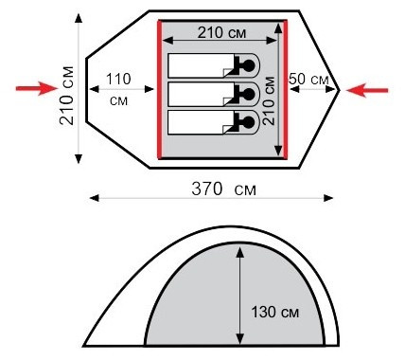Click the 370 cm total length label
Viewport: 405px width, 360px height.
point(223,189)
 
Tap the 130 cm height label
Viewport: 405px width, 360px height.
point(274,312)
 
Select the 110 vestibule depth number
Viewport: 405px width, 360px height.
point(118,79)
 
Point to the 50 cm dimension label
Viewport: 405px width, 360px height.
point(309,79)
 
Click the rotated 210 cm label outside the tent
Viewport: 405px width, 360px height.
point(67,96)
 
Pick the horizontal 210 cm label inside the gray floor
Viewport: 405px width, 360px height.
point(221,32)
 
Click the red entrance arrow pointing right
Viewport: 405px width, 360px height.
point(37,88)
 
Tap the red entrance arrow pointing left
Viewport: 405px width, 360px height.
point(367,90)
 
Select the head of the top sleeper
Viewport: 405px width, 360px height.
point(249,65)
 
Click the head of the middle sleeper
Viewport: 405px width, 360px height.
point(249,94)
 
